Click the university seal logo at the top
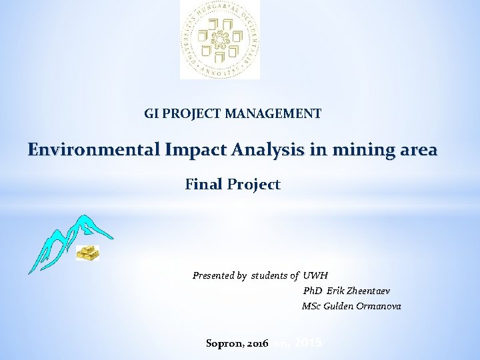coord(219,39)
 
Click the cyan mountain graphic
coord(67,240)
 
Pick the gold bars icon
coord(87,253)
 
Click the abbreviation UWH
coord(316,275)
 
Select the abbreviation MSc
coord(311,306)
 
